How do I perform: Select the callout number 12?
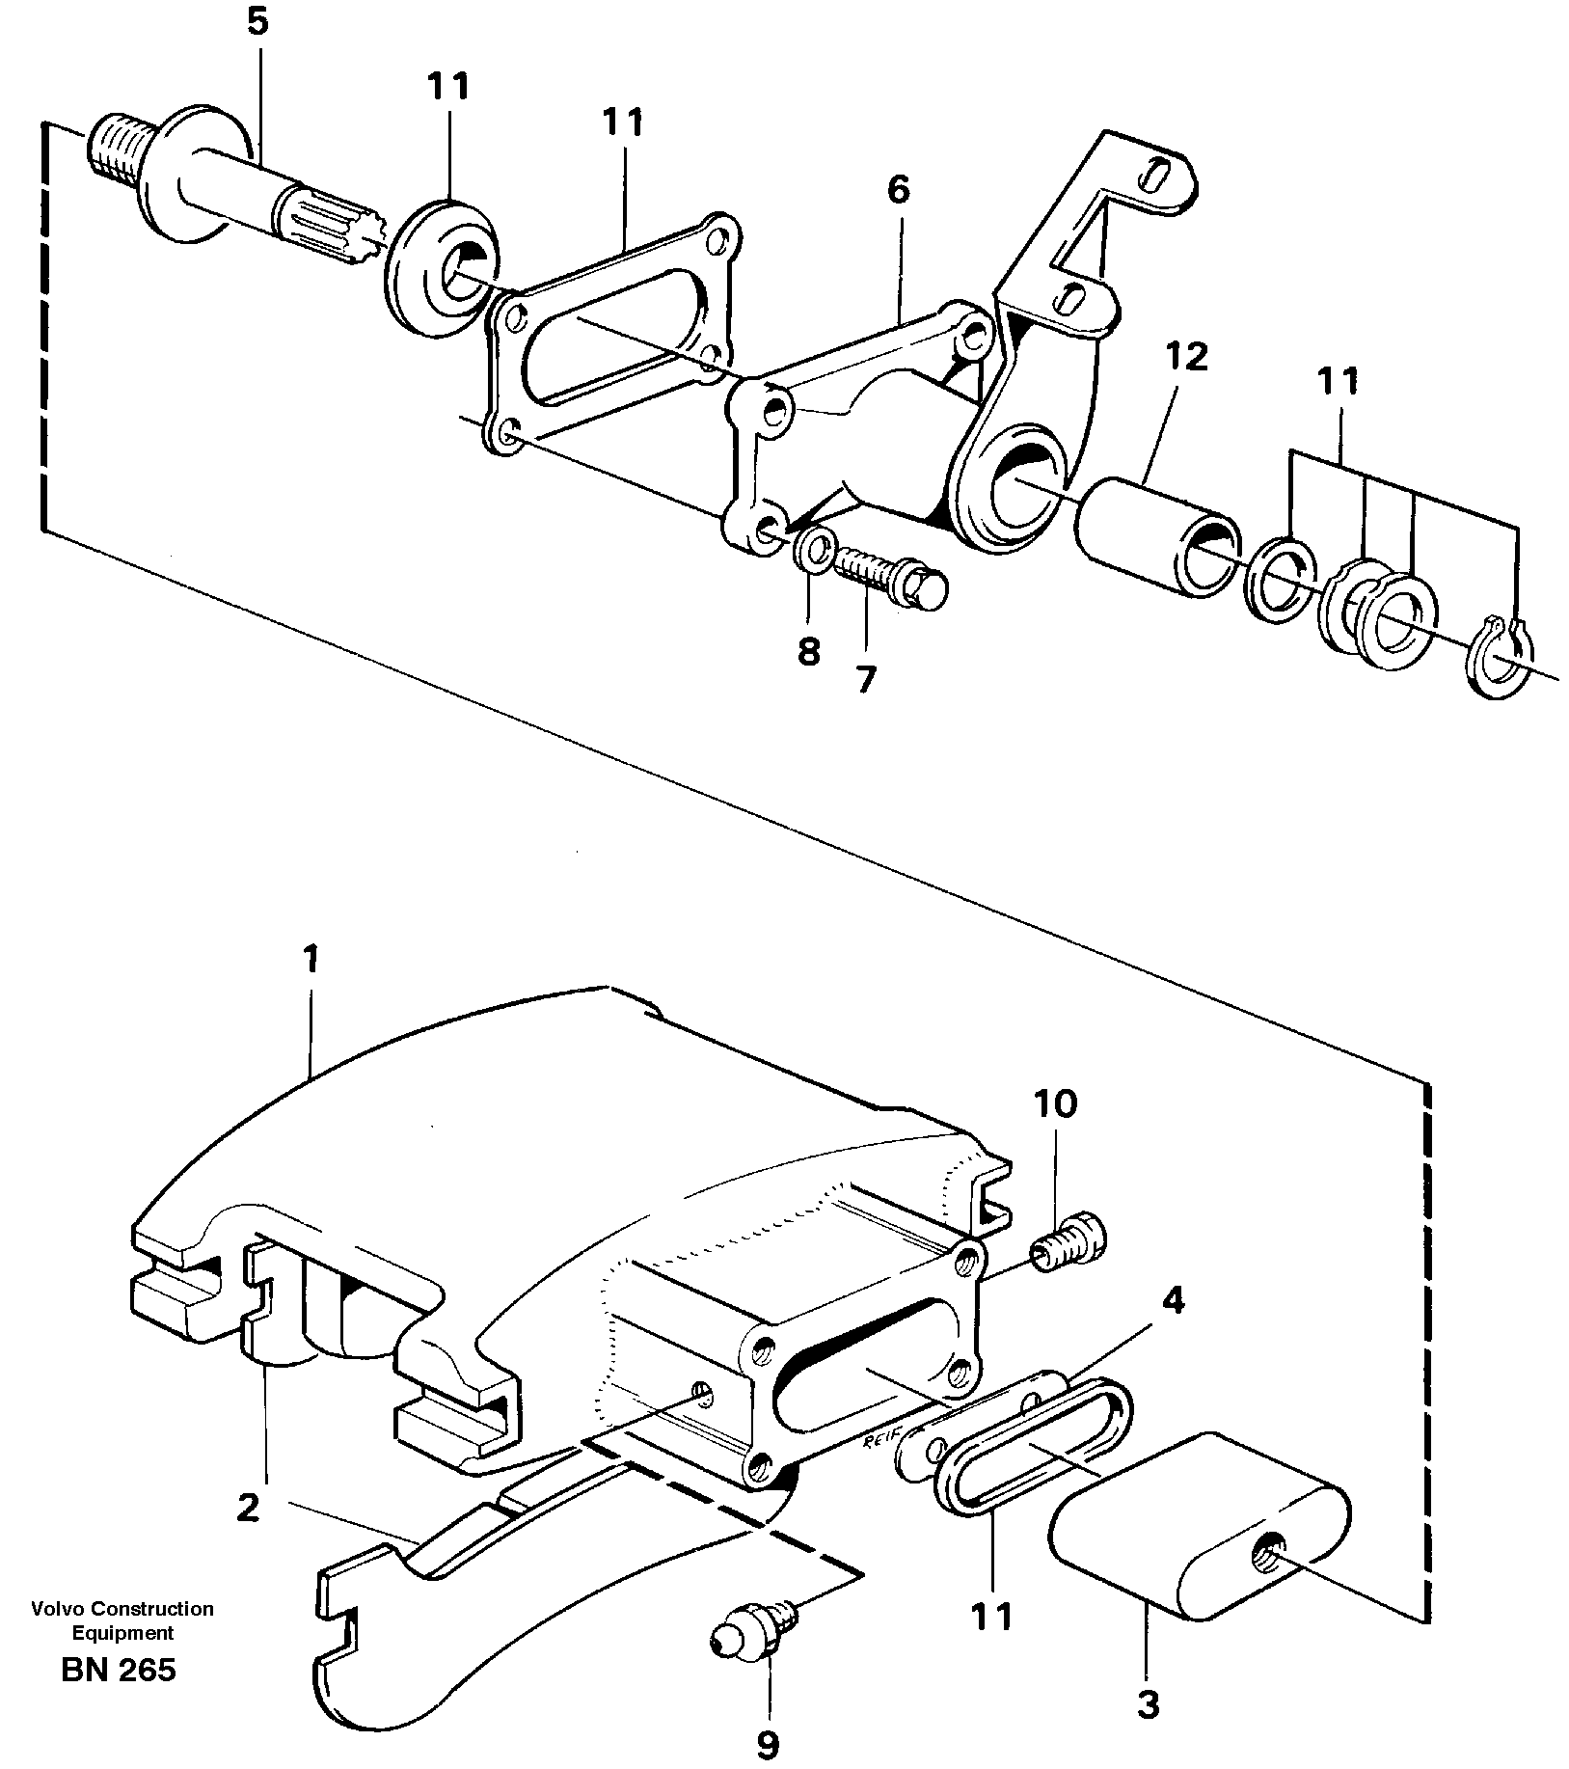1186,358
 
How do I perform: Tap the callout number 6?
897,190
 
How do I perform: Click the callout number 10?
1055,1102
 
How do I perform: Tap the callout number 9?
767,1743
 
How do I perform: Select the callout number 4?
1172,1302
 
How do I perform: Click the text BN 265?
119,1669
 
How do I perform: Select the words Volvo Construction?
122,1609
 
